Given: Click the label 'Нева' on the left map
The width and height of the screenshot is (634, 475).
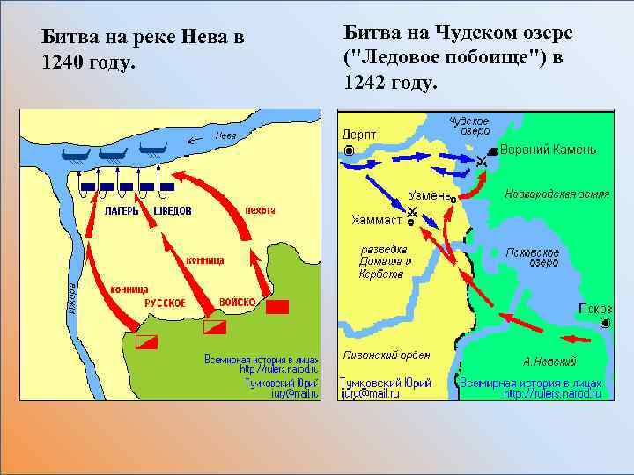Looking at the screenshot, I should (x=226, y=136).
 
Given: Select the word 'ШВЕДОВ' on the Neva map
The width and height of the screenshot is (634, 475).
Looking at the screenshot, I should (x=172, y=212).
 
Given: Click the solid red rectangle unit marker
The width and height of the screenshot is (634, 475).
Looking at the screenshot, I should (x=277, y=307).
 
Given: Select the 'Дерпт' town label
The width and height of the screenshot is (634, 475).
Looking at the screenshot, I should (x=359, y=134).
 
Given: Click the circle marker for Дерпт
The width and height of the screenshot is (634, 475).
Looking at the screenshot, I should (x=350, y=150).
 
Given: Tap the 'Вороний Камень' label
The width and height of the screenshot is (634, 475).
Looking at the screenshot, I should (x=548, y=150).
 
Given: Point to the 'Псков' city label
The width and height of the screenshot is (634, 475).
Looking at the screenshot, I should (x=590, y=309).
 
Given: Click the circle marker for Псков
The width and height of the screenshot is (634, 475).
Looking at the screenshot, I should (x=605, y=324).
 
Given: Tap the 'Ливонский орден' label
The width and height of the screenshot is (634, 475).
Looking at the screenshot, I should (x=386, y=355).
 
